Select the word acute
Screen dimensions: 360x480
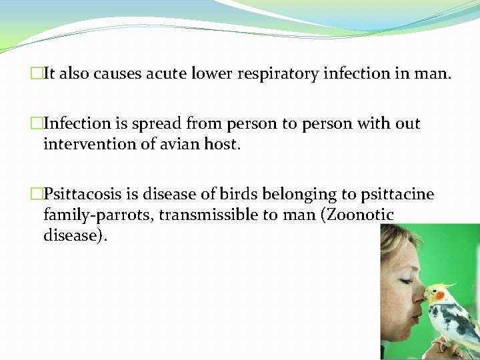[162, 74]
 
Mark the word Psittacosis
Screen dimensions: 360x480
[83, 195]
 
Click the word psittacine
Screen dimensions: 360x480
[396, 195]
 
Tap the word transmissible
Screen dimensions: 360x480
[224, 215]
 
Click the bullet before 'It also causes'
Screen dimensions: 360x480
[37, 74]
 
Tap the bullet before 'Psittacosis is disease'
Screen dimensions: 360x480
[37, 195]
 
